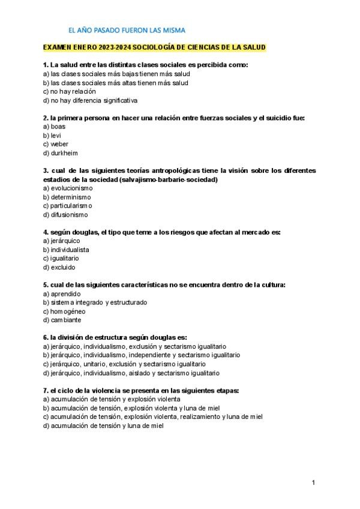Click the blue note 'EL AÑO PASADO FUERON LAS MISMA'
127,29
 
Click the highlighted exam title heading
155,47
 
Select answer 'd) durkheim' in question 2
61,153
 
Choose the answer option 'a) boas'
54,127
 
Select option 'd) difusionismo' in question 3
65,214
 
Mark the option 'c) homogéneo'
64,311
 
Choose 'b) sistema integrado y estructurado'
95,303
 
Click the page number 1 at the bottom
313,483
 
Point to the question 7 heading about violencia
141,390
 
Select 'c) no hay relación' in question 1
70,91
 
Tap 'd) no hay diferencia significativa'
91,100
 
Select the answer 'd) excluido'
59,267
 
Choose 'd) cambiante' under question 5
62,320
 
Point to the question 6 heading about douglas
115,337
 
